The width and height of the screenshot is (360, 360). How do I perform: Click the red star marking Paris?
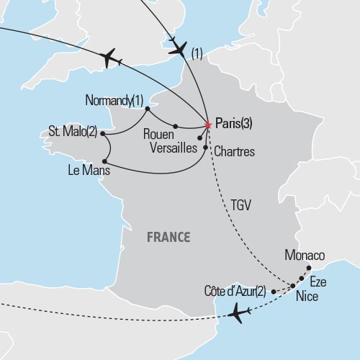pyautogui.click(x=208, y=125)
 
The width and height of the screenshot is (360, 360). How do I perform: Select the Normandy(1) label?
pyautogui.click(x=114, y=99)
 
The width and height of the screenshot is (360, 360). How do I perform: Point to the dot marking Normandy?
pyautogui.click(x=147, y=109)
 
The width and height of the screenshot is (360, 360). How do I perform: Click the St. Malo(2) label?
pyautogui.click(x=73, y=133)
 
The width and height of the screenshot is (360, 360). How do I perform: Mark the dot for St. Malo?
pyautogui.click(x=103, y=133)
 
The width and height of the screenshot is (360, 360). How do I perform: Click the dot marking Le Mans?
pyautogui.click(x=105, y=160)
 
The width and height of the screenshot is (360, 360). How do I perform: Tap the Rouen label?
pyautogui.click(x=158, y=133)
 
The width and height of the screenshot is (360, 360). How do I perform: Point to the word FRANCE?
pyautogui.click(x=168, y=236)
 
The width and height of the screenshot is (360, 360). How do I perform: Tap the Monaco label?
pyautogui.click(x=305, y=255)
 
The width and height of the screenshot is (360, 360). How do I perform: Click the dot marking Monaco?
pyautogui.click(x=309, y=268)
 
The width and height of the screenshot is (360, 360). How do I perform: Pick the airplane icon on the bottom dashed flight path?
pyautogui.click(x=239, y=313)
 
